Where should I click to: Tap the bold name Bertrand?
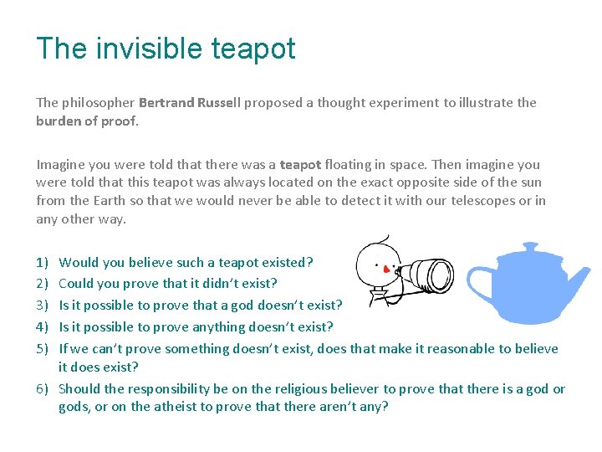point(166,103)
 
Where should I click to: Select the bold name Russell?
point(218,103)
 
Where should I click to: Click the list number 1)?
point(42,263)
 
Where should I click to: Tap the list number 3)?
point(42,306)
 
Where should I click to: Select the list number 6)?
point(42,389)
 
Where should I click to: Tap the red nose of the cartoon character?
point(385,270)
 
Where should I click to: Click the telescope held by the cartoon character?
point(426,273)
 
